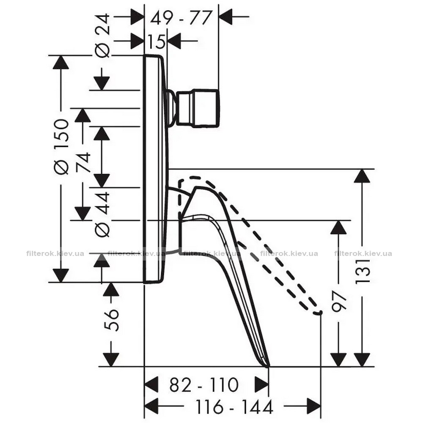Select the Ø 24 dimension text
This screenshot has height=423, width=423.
pyautogui.click(x=103, y=36)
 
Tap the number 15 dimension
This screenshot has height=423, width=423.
pyautogui.click(x=157, y=42)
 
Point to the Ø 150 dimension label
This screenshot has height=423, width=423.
pyautogui.click(x=61, y=147)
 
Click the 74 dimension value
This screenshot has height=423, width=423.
pyautogui.click(x=83, y=162)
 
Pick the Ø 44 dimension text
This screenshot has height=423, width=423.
pyautogui.click(x=103, y=214)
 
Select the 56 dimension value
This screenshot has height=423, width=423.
pyautogui.click(x=111, y=320)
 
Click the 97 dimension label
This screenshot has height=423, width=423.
pyautogui.click(x=339, y=301)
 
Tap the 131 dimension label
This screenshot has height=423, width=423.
pyautogui.click(x=362, y=271)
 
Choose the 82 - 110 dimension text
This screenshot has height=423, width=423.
pyautogui.click(x=204, y=385)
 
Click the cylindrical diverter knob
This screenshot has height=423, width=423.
pyautogui.click(x=198, y=108)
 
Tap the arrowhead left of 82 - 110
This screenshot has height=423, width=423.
pyautogui.click(x=151, y=385)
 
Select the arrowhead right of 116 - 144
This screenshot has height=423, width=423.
pyautogui.click(x=314, y=406)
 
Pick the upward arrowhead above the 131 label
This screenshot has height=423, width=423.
pyautogui.click(x=362, y=176)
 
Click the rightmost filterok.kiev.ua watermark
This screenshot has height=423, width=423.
pyautogui.click(x=363, y=253)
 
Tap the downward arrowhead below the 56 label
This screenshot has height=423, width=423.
pyautogui.click(x=111, y=360)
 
